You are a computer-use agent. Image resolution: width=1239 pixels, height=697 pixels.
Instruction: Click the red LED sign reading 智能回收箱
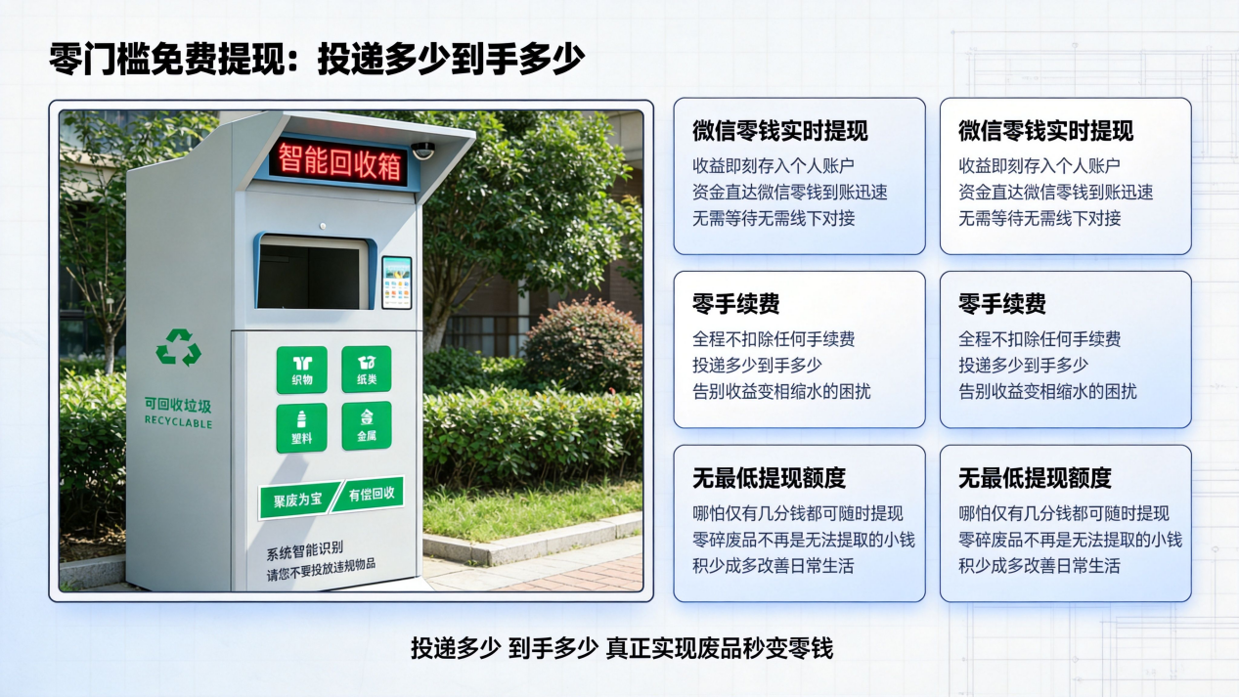[338, 161]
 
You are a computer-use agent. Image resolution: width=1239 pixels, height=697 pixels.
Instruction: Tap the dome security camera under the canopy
[423, 151]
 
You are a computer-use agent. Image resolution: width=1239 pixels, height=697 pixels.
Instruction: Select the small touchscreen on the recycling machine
[397, 283]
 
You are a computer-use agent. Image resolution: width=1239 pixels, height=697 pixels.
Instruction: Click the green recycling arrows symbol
[178, 348]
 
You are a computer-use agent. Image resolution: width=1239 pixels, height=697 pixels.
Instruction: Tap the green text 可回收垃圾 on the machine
[178, 405]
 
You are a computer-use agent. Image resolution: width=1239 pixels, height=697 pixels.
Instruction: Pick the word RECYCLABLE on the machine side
[178, 422]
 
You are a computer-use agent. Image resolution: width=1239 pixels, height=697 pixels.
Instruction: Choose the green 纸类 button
[366, 370]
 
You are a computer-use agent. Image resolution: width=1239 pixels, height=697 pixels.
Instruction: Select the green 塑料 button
[301, 428]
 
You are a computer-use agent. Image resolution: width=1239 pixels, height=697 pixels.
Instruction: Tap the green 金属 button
[367, 425]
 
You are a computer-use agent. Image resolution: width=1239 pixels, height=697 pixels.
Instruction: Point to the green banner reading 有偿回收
[369, 494]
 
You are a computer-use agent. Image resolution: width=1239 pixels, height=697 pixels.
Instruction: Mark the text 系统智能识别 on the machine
[305, 550]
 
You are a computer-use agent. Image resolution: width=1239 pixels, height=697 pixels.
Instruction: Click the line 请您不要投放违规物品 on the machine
[321, 569]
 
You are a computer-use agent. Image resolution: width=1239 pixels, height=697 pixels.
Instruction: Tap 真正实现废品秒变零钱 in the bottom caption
[719, 648]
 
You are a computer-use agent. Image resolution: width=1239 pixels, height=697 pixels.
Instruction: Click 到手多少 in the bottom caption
[553, 648]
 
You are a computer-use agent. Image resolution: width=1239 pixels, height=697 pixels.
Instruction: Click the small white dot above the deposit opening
[323, 226]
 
